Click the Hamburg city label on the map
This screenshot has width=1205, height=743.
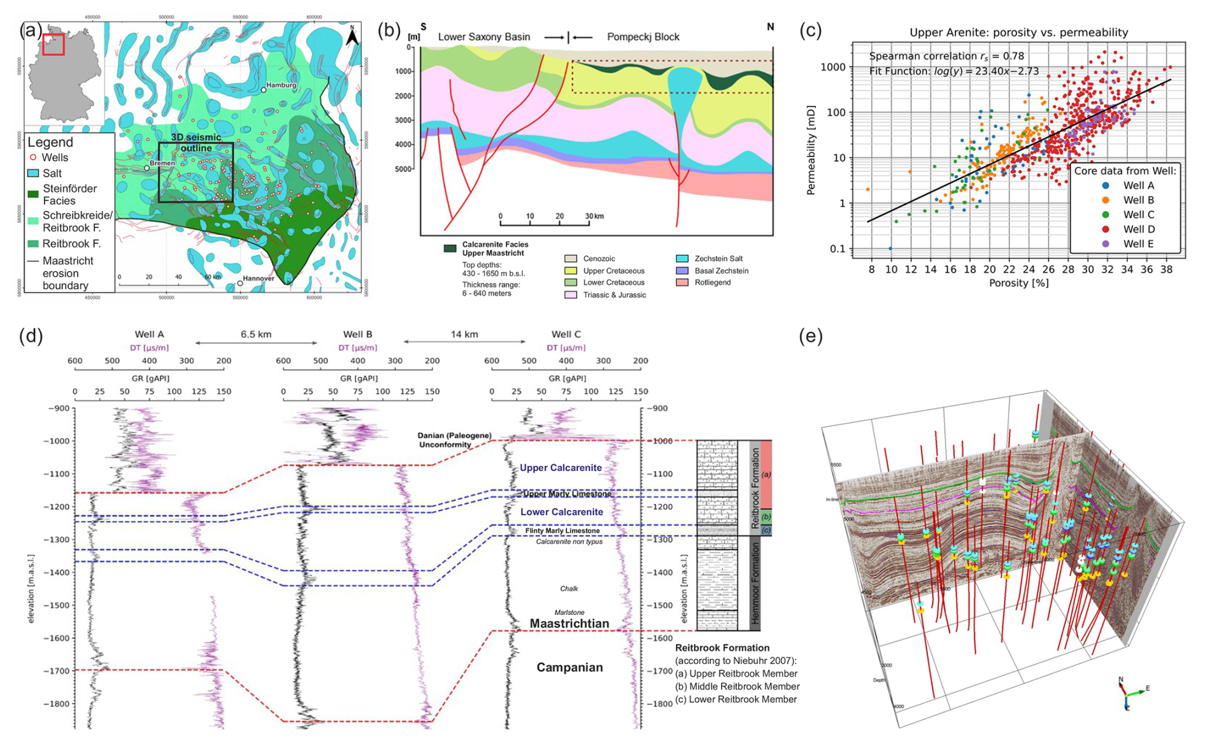pos(282,85)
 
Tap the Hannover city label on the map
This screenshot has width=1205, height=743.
pos(258,278)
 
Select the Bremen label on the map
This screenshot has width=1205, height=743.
pos(162,163)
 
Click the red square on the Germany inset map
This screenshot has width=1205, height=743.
pos(53,44)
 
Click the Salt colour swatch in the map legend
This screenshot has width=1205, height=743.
pos(33,173)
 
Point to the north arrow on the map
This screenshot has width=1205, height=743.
pos(352,37)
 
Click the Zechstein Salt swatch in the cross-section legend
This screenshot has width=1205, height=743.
pos(682,259)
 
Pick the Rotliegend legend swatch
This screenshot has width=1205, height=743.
pos(682,282)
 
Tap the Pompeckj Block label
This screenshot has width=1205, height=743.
pos(643,37)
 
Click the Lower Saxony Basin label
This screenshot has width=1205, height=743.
pos(484,37)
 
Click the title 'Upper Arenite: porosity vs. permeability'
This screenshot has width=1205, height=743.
pos(1018,32)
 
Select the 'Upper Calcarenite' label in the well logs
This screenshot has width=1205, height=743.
pos(560,468)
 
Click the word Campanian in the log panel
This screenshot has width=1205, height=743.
pos(569,667)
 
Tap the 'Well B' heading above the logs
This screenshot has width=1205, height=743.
pos(357,334)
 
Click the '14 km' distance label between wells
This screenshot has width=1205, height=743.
pos(464,334)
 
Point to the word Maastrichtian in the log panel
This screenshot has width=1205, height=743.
pos(569,623)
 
